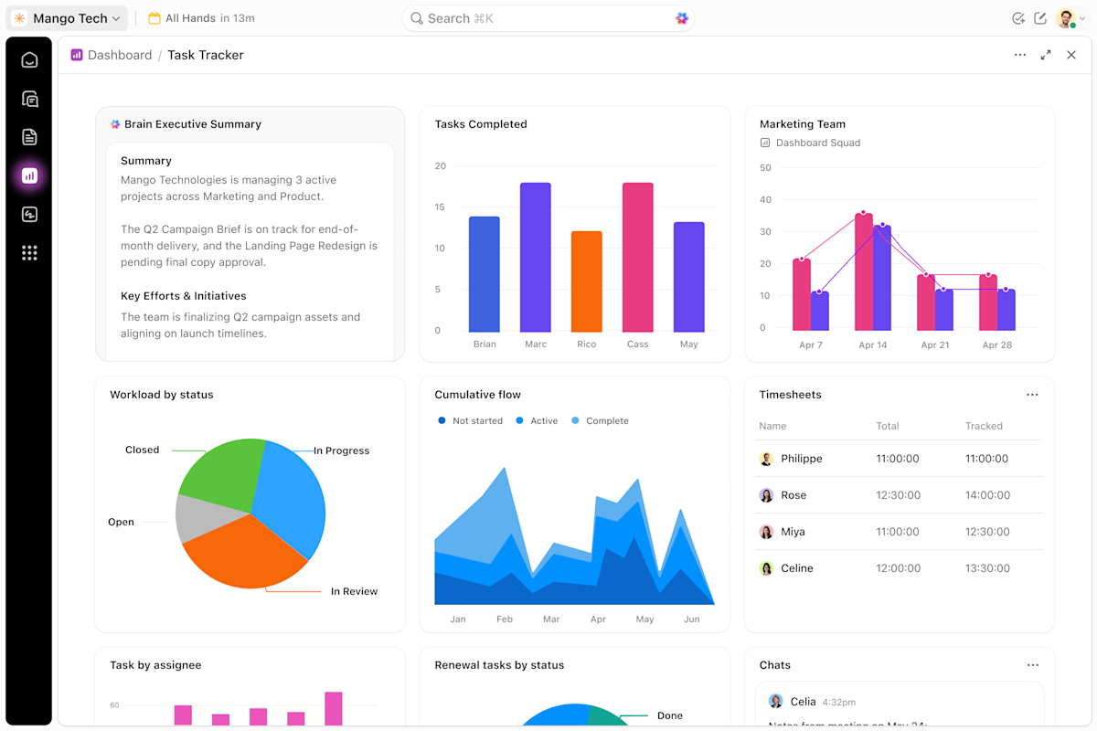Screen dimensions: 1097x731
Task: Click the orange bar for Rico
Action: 586,281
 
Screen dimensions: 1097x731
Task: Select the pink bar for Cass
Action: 638,258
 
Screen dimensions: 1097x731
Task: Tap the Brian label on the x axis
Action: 485,344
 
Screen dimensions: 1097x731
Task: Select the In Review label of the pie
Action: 354,591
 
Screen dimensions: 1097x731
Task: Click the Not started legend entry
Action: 470,420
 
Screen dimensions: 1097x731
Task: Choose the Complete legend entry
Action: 600,420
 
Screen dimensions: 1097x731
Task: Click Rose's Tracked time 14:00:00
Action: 987,495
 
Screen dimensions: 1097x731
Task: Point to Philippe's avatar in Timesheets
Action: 766,459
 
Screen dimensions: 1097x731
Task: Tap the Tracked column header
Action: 984,426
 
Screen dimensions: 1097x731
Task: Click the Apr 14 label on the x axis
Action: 873,345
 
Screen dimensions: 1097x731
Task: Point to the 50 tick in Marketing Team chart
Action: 765,168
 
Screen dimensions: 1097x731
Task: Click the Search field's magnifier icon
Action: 416,18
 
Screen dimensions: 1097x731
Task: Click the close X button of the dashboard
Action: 1071,55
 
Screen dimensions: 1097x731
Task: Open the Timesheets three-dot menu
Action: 1032,395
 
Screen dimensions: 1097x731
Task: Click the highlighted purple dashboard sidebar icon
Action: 29,175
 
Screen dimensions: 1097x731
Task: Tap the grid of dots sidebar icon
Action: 29,252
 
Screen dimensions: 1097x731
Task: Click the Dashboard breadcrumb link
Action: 120,55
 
